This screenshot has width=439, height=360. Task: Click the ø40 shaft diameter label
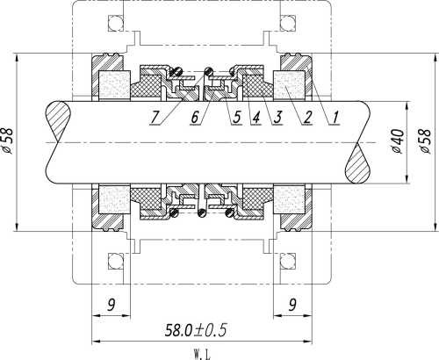(397, 140)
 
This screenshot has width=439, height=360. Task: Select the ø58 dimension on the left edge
(10, 140)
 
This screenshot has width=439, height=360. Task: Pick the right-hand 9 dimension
(292, 305)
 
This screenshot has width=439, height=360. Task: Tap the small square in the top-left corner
(112, 22)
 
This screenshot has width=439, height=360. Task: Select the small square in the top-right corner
(287, 22)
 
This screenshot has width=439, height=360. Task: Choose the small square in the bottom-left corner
(112, 262)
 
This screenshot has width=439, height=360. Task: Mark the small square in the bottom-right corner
(287, 262)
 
